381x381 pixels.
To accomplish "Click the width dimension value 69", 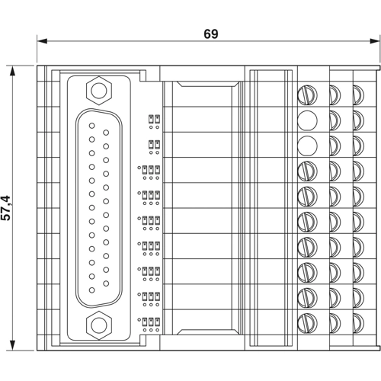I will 210,34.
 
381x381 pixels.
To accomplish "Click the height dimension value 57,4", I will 7,207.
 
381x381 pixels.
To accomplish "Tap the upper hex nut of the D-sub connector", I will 98,90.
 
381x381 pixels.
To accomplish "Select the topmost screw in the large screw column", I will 306,94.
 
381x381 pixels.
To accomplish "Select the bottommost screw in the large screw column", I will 306,320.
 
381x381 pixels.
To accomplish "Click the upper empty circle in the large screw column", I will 306,119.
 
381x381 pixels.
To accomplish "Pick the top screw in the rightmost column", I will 358,94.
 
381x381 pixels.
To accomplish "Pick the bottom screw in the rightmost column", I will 358,320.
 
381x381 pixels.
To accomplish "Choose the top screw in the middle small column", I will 335,94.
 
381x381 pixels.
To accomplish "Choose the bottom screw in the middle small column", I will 335,320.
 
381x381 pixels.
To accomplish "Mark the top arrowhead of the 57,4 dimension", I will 14,68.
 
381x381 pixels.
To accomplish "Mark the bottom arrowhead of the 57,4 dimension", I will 14,347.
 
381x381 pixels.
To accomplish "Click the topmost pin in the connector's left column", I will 92,126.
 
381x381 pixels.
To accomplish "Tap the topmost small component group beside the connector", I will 155,119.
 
